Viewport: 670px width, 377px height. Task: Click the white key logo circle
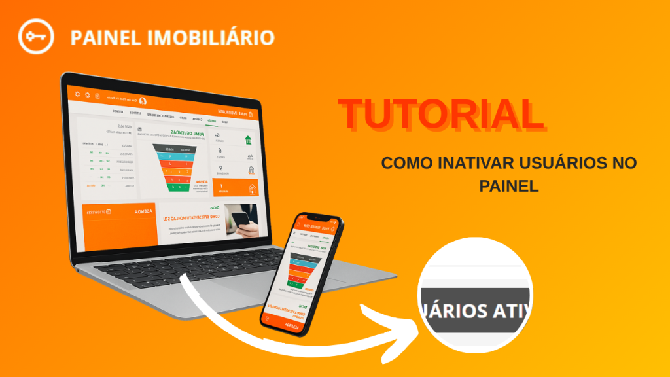35,36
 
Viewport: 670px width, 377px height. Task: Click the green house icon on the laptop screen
248,139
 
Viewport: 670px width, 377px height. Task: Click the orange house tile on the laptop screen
235,188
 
